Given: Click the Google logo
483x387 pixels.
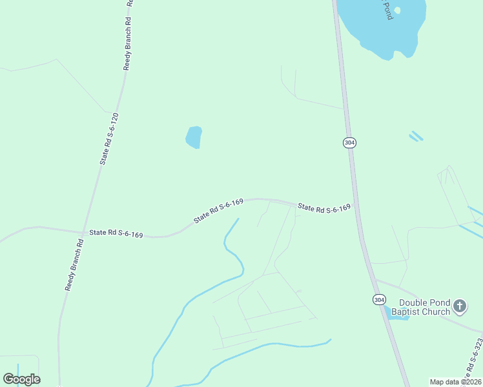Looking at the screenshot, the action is (x=22, y=379).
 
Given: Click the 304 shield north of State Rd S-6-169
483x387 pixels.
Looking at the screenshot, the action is (x=349, y=142).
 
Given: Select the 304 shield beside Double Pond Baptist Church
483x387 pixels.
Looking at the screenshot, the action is (x=379, y=299).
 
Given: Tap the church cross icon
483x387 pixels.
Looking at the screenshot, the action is (x=459, y=306).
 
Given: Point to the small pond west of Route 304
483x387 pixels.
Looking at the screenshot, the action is (x=194, y=137).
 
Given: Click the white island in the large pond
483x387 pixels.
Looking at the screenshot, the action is (x=397, y=10).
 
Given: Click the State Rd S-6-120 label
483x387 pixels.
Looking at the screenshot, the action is (x=109, y=139).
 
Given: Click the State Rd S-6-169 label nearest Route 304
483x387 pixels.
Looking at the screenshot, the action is (x=324, y=208).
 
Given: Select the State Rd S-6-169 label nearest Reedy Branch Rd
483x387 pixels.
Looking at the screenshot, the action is (x=116, y=233).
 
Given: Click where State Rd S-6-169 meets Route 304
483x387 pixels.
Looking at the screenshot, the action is (x=357, y=210).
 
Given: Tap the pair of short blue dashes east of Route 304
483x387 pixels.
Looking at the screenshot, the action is (x=416, y=136).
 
